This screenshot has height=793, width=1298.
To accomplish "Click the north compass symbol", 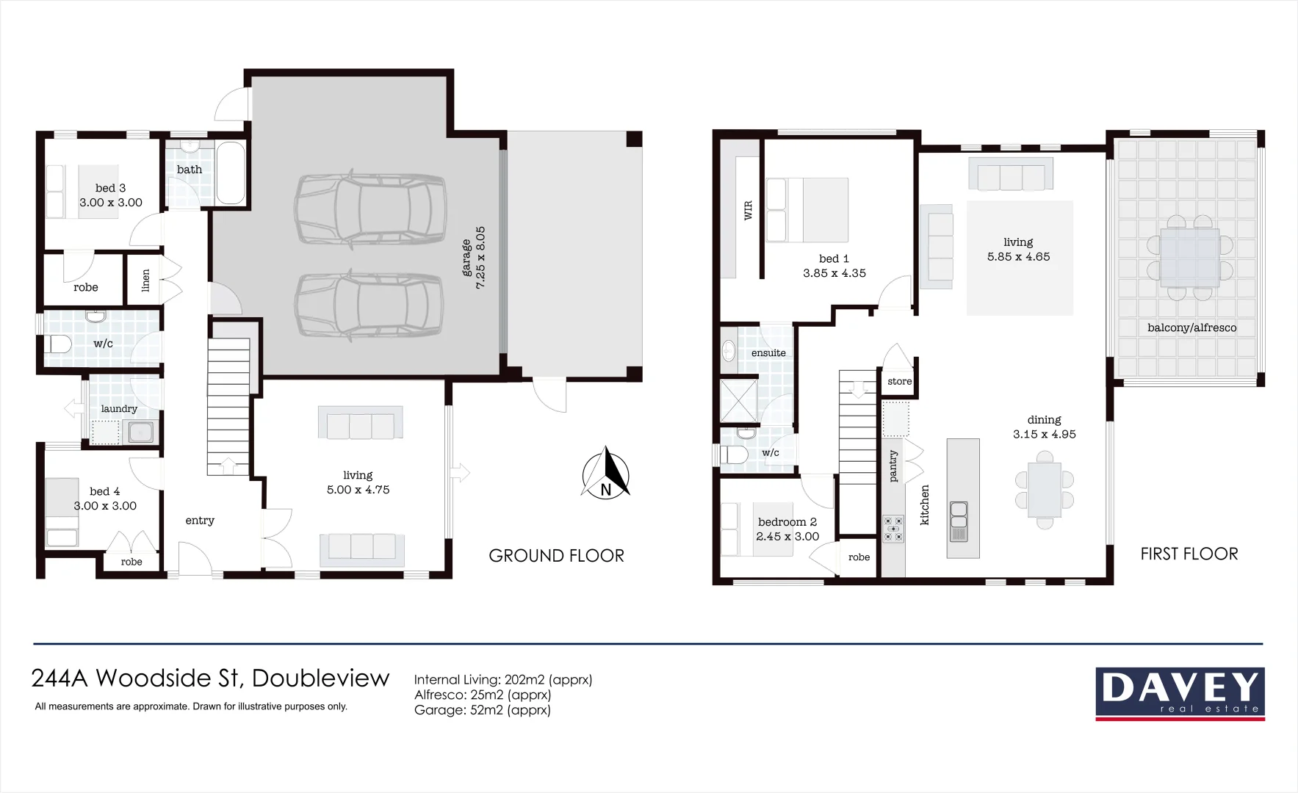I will [606, 474].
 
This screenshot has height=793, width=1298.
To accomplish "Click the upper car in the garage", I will [370, 209].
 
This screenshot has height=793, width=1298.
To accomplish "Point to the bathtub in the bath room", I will [231, 173].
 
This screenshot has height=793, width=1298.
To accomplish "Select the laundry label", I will [119, 409].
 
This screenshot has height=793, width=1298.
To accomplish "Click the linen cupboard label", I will [145, 280].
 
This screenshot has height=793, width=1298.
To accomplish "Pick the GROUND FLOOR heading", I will [556, 556].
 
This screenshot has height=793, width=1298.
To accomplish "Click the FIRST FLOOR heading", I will [1189, 554].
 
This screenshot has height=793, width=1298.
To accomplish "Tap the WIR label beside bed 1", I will [748, 210].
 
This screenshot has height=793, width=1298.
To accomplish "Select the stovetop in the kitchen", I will [893, 529].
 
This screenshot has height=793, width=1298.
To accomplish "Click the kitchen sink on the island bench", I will [959, 520].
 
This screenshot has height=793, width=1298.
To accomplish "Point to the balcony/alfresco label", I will [1191, 327].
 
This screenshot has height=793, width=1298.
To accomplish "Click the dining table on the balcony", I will [1189, 257].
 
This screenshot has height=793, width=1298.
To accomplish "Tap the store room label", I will [899, 381].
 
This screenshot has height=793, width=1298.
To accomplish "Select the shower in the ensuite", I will [737, 401].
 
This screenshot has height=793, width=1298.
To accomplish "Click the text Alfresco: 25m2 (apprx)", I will [482, 695].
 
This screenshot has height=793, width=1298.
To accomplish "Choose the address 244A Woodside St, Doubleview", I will [210, 678].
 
